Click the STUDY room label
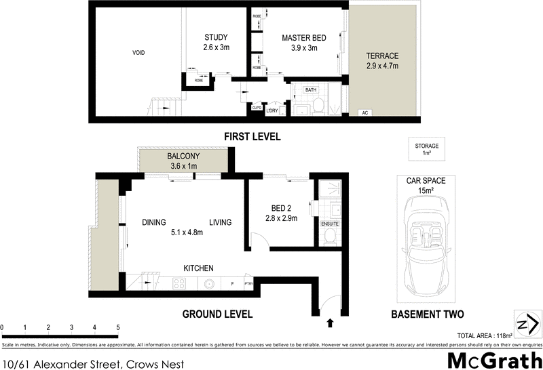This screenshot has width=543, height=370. [x=216, y=37]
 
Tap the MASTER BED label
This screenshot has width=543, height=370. [x=304, y=38]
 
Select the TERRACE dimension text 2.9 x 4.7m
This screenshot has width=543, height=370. [x=381, y=66]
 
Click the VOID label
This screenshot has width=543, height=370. [x=138, y=52]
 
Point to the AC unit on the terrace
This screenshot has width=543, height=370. [x=364, y=112]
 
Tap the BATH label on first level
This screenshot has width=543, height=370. [x=310, y=89]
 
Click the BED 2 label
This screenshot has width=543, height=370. [x=281, y=208]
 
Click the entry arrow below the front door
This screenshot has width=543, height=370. [x=331, y=323]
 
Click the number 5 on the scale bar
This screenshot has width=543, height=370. [x=118, y=327]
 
